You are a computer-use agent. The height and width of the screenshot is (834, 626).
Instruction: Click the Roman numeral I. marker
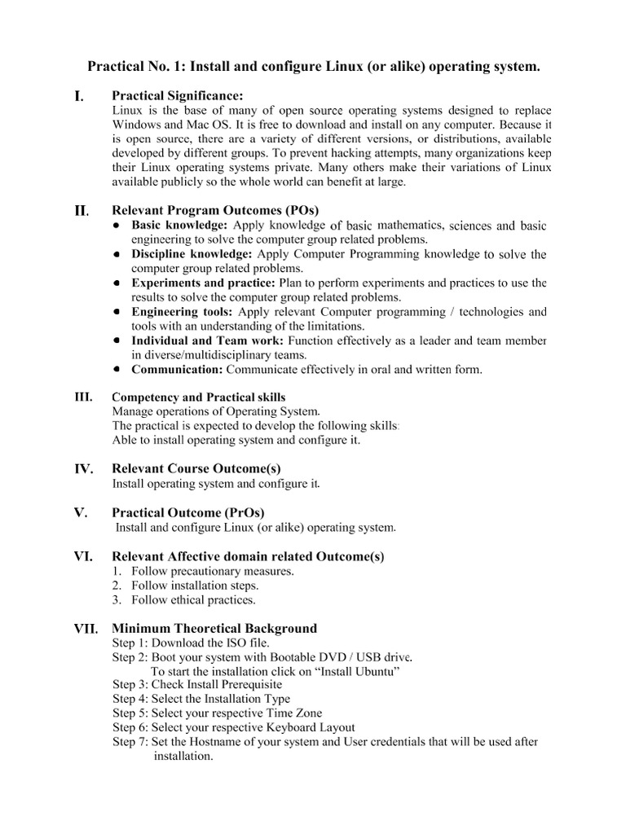(78, 97)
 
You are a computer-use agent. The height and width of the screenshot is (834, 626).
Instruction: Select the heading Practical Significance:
(177, 96)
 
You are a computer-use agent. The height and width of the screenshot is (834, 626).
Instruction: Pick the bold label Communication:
(178, 370)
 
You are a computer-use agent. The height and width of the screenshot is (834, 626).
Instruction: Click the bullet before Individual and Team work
(118, 340)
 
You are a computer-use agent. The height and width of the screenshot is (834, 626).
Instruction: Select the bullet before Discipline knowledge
(118, 254)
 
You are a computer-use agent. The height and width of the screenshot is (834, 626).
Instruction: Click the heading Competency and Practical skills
(198, 397)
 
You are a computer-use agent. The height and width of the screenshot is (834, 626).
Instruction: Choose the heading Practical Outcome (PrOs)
(187, 512)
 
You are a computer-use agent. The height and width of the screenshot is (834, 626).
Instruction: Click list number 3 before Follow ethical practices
(117, 600)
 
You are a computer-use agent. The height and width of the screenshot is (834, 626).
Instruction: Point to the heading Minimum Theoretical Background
(214, 628)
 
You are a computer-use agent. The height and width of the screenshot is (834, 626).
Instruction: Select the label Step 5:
(130, 713)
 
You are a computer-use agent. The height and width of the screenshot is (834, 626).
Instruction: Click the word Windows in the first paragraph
(135, 125)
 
